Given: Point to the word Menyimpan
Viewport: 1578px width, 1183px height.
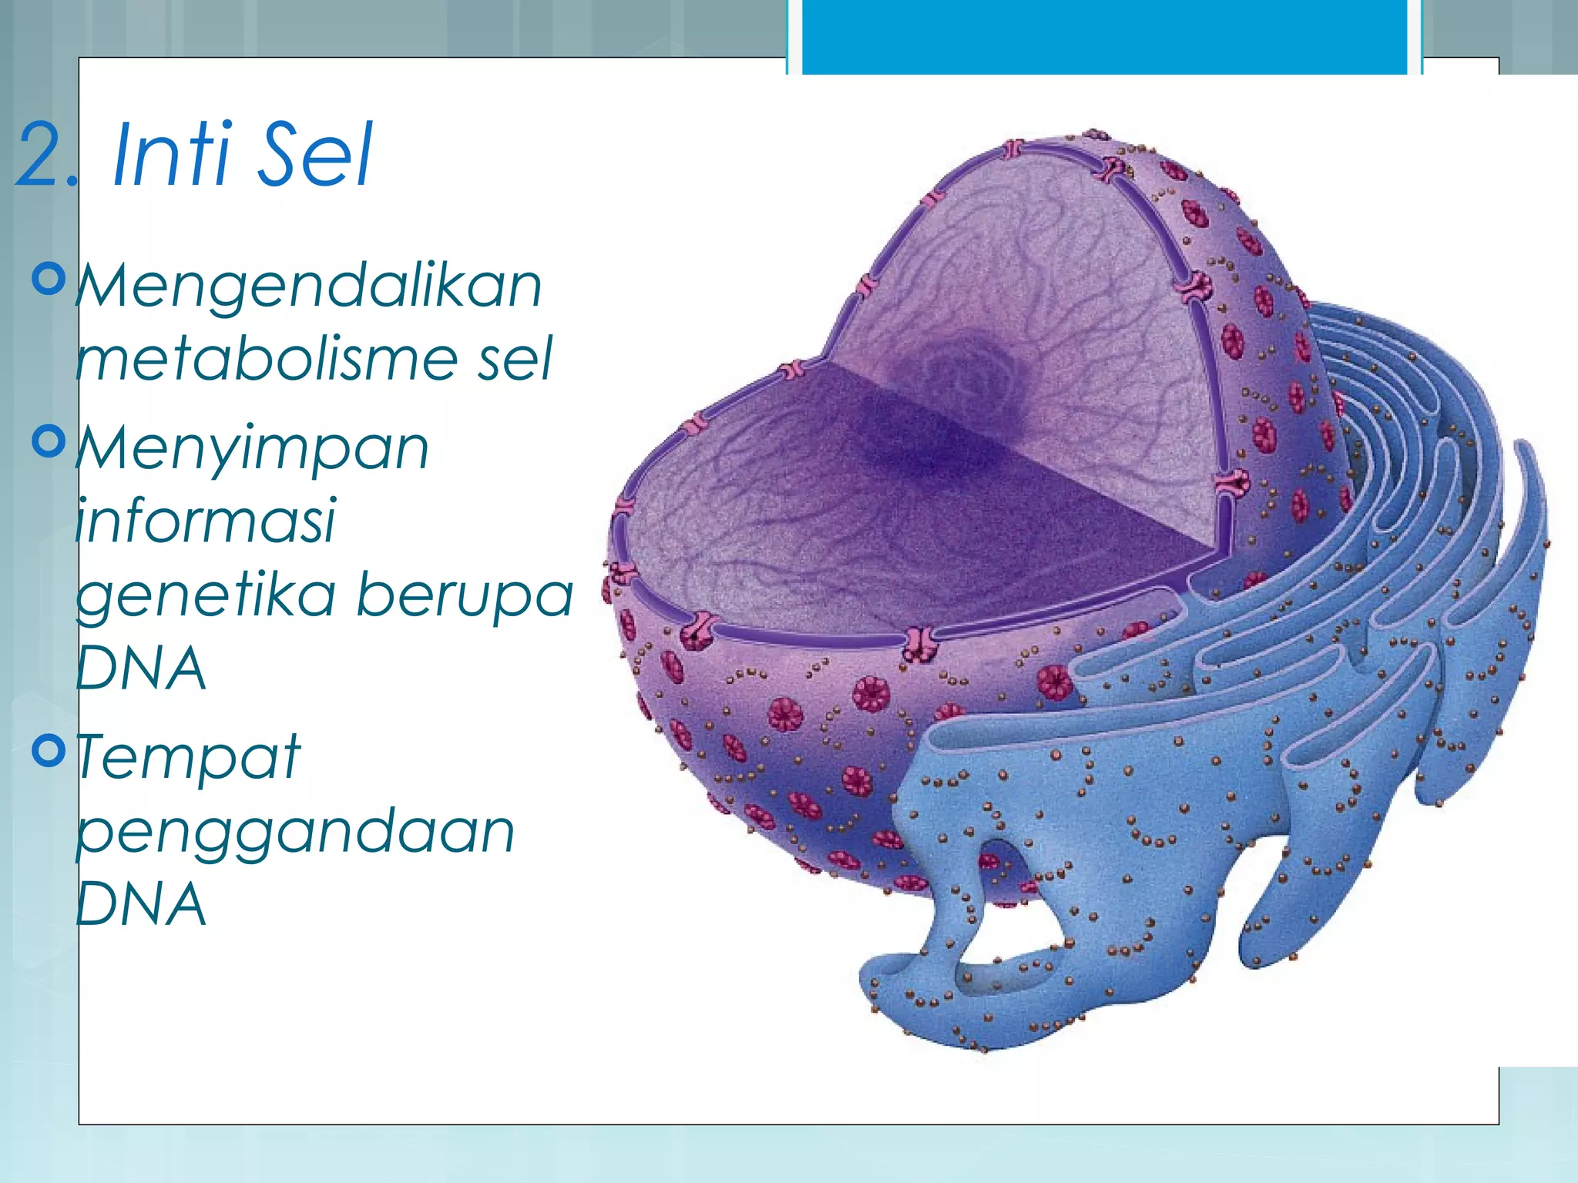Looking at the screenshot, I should pos(253,449).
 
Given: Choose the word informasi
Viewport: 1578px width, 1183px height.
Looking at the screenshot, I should pos(206,521).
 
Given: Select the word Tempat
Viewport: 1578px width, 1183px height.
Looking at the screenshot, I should pos(188,757).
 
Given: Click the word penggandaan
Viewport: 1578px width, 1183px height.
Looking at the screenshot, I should pos(296,833).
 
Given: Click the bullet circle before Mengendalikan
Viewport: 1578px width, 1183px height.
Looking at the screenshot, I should pos(50,279).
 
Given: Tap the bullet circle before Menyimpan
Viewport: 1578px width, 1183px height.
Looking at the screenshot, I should pos(50,441).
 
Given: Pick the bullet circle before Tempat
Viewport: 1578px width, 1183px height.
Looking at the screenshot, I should pos(50,750).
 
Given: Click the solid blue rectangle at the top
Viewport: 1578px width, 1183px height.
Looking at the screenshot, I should pos(1104,37).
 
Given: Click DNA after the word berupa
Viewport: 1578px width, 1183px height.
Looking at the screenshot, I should pos(142,669).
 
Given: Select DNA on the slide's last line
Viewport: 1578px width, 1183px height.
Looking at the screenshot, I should pos(142,904).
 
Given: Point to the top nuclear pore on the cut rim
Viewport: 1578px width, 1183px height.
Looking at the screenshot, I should pos(1014,149).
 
